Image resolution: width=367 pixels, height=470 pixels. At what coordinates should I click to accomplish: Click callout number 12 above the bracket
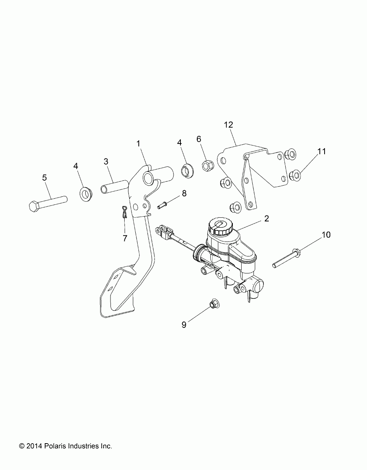229,125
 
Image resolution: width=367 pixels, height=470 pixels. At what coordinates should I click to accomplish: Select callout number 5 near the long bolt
45,178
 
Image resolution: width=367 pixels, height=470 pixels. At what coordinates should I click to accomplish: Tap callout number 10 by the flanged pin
326,235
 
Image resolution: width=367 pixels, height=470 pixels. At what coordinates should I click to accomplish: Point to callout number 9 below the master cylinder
184,325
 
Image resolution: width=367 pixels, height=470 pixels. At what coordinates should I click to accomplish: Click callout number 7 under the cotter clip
125,238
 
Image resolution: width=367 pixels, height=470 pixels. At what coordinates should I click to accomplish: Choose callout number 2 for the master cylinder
266,219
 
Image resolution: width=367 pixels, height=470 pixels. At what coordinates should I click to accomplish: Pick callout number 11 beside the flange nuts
322,152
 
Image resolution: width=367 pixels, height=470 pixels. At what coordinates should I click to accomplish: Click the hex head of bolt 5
34,206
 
